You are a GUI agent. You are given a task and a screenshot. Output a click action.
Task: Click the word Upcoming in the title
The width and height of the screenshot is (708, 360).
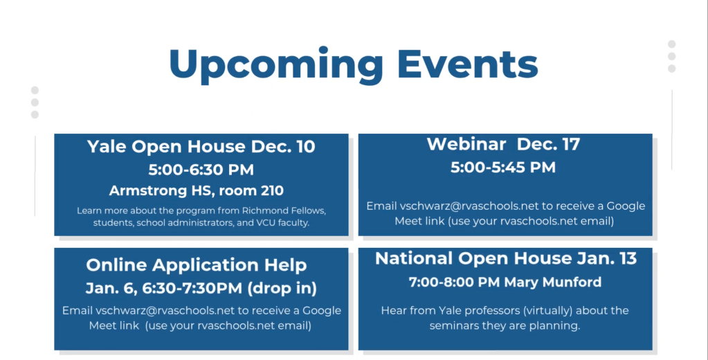(x=275, y=65)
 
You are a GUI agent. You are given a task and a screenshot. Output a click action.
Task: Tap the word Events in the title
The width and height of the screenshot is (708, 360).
(x=467, y=63)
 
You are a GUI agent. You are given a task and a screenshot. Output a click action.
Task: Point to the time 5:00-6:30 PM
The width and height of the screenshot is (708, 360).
(x=201, y=170)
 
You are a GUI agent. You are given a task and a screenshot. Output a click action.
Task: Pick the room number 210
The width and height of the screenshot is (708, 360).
(x=269, y=190)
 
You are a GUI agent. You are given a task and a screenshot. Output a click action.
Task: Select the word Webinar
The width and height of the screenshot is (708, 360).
(x=466, y=144)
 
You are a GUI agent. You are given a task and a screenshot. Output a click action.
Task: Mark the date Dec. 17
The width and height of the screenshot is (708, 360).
(x=548, y=144)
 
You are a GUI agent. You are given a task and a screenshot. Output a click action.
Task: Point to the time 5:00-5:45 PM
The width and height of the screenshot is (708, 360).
(x=503, y=168)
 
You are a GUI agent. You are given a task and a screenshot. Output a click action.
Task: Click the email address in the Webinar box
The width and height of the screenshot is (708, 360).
(x=469, y=206)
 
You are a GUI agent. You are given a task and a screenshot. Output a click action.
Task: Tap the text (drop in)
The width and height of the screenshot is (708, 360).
(x=282, y=288)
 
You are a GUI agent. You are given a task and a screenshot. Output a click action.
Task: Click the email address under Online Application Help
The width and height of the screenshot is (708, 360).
(x=165, y=311)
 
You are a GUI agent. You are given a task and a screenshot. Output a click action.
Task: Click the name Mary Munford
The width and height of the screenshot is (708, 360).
(x=553, y=282)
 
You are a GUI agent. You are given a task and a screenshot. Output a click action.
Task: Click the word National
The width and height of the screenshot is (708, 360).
(x=415, y=258)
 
